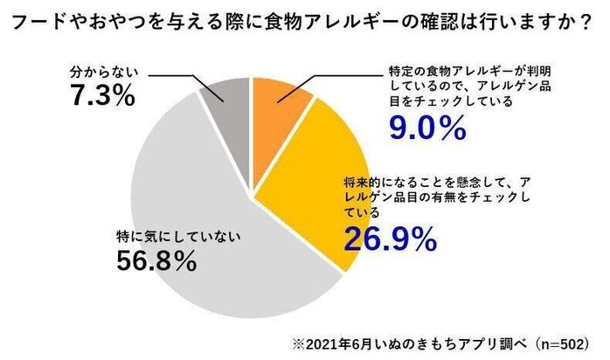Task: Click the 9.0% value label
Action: pyautogui.click(x=424, y=128)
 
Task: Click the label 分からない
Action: pyautogui.click(x=102, y=71)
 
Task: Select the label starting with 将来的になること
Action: pyautogui.click(x=433, y=197)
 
